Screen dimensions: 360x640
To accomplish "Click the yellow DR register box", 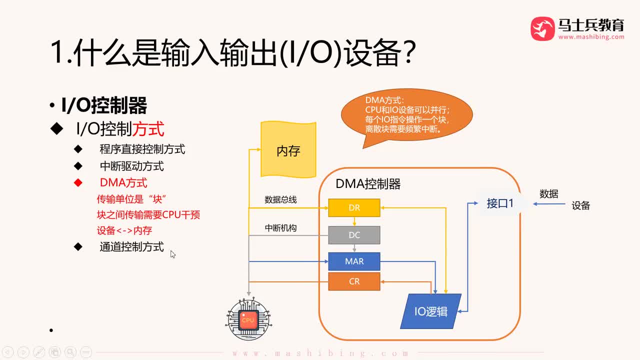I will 354,208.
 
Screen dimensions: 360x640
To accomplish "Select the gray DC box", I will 354,235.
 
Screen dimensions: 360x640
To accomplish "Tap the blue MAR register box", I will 354,261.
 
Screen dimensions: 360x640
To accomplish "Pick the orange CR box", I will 354,281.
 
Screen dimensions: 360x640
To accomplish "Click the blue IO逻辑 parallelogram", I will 430,311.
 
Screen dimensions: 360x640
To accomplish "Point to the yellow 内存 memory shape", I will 288,150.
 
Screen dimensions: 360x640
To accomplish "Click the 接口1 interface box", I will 499,203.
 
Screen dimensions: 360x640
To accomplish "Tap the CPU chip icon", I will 248,319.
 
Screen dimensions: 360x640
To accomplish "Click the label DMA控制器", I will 368,184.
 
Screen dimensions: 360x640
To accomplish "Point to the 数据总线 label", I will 280,200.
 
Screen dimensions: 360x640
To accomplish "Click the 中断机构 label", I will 280,228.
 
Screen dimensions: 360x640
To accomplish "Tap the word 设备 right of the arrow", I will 580,205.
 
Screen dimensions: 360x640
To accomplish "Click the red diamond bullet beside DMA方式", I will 78,183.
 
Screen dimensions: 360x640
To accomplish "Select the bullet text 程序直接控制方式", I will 142,149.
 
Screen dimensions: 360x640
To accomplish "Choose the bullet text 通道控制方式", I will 131,247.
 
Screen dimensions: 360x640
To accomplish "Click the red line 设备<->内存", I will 124,230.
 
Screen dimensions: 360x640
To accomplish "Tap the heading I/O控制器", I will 104,106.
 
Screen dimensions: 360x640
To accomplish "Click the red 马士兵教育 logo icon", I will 542,29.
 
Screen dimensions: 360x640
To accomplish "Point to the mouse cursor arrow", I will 172,254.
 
